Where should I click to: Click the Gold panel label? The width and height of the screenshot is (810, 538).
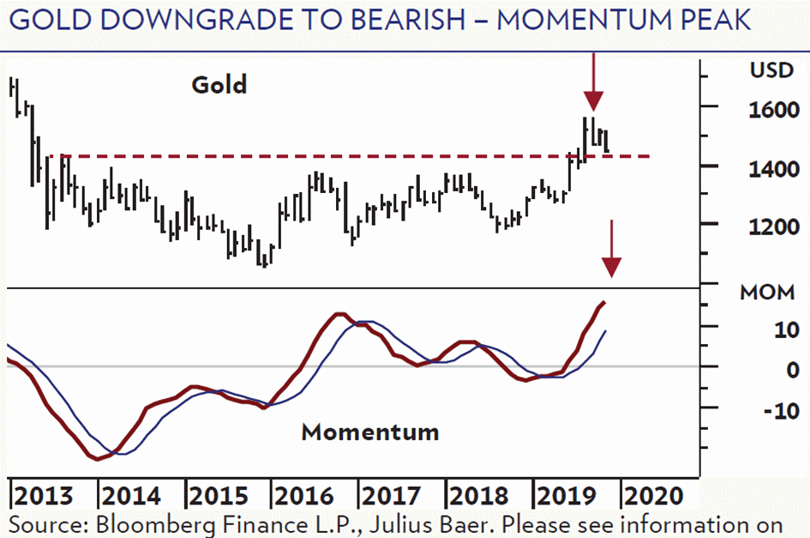tap(219, 84)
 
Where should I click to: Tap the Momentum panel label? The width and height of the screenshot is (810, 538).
tap(370, 431)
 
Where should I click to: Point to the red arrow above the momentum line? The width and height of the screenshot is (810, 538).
tap(610, 249)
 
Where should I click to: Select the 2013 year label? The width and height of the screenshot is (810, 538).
tap(44, 496)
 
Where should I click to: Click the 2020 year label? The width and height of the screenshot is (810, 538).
tap(654, 496)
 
